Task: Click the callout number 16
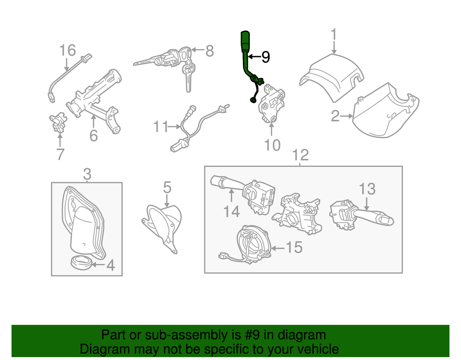68,50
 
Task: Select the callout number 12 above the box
301,155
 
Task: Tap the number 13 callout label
367,189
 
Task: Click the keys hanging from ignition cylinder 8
186,77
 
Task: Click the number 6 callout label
93,136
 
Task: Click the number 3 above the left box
87,174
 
